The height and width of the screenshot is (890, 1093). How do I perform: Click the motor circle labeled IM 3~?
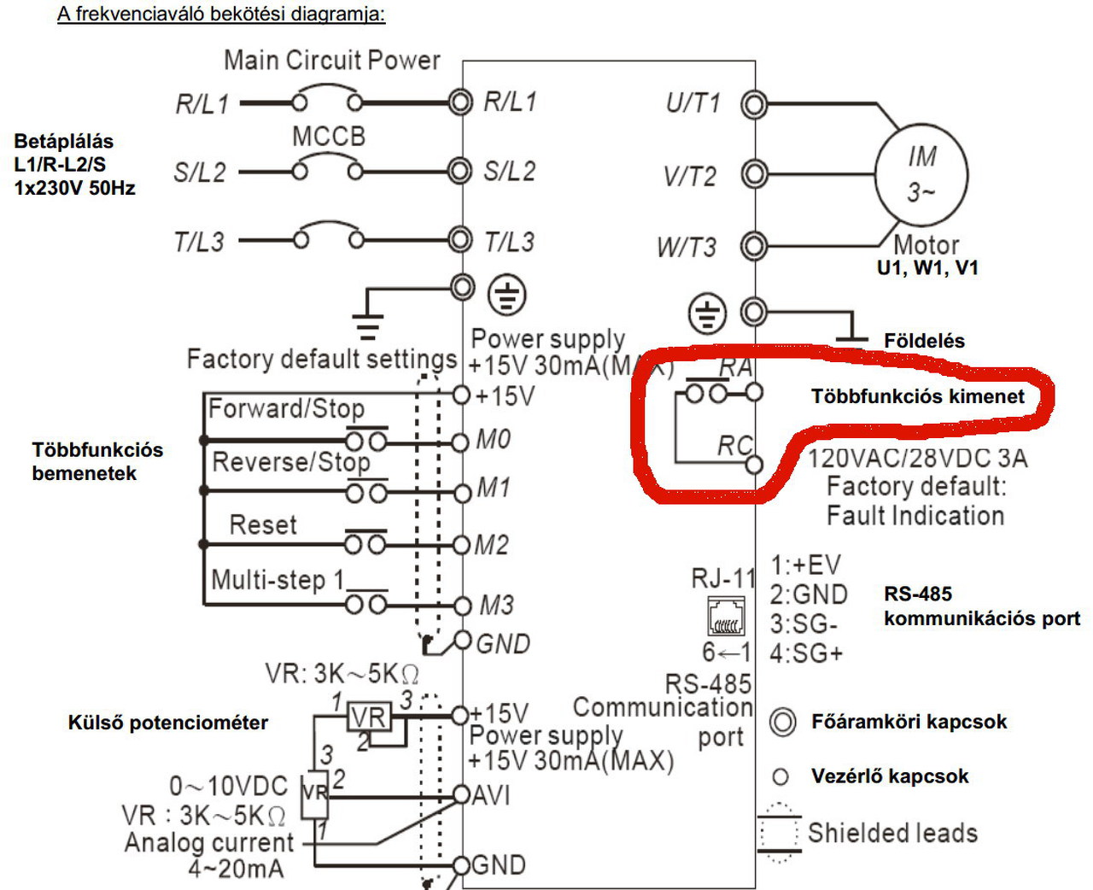pyautogui.click(x=876, y=174)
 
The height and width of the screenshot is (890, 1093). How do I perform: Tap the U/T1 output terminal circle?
pyautogui.click(x=754, y=104)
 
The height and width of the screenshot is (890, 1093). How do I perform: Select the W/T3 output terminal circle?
pyautogui.click(x=754, y=246)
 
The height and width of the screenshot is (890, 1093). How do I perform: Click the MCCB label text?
pyautogui.click(x=329, y=137)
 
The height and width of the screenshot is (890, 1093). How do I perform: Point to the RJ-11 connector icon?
pyautogui.click(x=726, y=616)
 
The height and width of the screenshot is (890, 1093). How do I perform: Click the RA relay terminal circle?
pyautogui.click(x=754, y=393)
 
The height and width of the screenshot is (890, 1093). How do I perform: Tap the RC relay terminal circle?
pyautogui.click(x=754, y=465)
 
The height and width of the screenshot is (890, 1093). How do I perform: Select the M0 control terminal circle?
pyautogui.click(x=461, y=442)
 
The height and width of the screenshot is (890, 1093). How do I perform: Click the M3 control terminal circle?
pyautogui.click(x=462, y=606)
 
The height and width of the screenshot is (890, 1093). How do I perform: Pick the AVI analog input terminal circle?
pyautogui.click(x=461, y=795)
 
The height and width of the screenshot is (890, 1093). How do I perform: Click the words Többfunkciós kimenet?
pyautogui.click(x=917, y=396)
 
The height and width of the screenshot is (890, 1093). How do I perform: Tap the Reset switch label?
pyautogui.click(x=263, y=525)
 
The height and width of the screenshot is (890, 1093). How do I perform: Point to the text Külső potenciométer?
pyautogui.click(x=168, y=723)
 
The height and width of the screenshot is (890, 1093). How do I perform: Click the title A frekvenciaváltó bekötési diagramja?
pyautogui.click(x=221, y=14)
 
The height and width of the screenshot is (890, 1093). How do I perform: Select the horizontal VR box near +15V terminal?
pyautogui.click(x=369, y=717)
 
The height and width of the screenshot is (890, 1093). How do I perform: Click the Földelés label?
pyautogui.click(x=924, y=341)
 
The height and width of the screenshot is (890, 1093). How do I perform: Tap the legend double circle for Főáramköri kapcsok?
pyautogui.click(x=782, y=722)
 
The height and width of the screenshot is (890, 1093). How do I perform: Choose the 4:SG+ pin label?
pyautogui.click(x=805, y=653)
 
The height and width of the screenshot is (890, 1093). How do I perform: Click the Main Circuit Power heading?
pyautogui.click(x=332, y=60)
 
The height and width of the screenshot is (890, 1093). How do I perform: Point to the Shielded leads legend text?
pyautogui.click(x=893, y=833)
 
